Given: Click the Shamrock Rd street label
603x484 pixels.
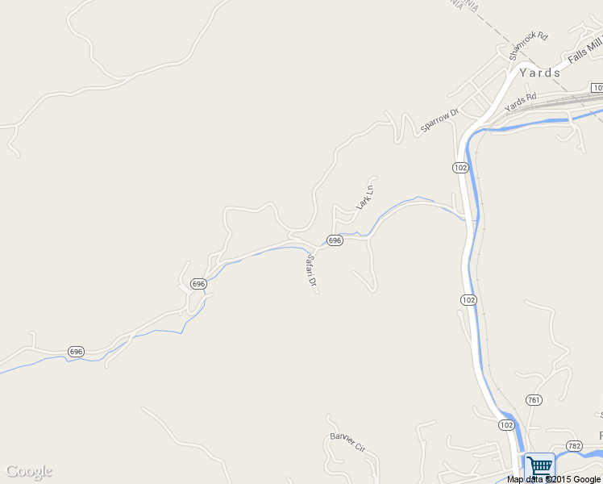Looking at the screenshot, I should click(x=529, y=47).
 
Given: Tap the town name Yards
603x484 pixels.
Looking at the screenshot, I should click(x=540, y=73).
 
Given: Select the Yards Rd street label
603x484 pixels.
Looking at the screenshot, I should click(x=520, y=102).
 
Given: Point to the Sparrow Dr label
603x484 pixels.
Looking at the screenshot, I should click(x=439, y=119).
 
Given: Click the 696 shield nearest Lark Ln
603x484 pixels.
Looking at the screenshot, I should click(x=335, y=240).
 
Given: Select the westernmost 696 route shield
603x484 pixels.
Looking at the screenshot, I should click(x=76, y=352).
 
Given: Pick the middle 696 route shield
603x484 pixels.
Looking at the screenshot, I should click(x=198, y=284).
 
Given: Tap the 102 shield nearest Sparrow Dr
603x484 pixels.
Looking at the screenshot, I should click(x=460, y=167).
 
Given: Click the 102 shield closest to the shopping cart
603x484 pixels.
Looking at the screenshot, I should click(x=506, y=424).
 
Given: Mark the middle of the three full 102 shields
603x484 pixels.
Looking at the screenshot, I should click(x=468, y=299).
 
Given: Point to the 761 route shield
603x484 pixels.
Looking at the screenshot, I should click(x=534, y=399).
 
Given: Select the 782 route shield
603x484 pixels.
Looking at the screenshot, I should click(x=574, y=445).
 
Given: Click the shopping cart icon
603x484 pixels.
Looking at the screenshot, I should click(x=539, y=465).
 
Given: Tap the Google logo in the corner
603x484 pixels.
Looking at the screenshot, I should click(x=29, y=471).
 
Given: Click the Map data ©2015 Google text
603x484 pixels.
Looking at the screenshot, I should click(x=554, y=479).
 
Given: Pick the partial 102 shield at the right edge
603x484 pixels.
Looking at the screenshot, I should click(x=597, y=87).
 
